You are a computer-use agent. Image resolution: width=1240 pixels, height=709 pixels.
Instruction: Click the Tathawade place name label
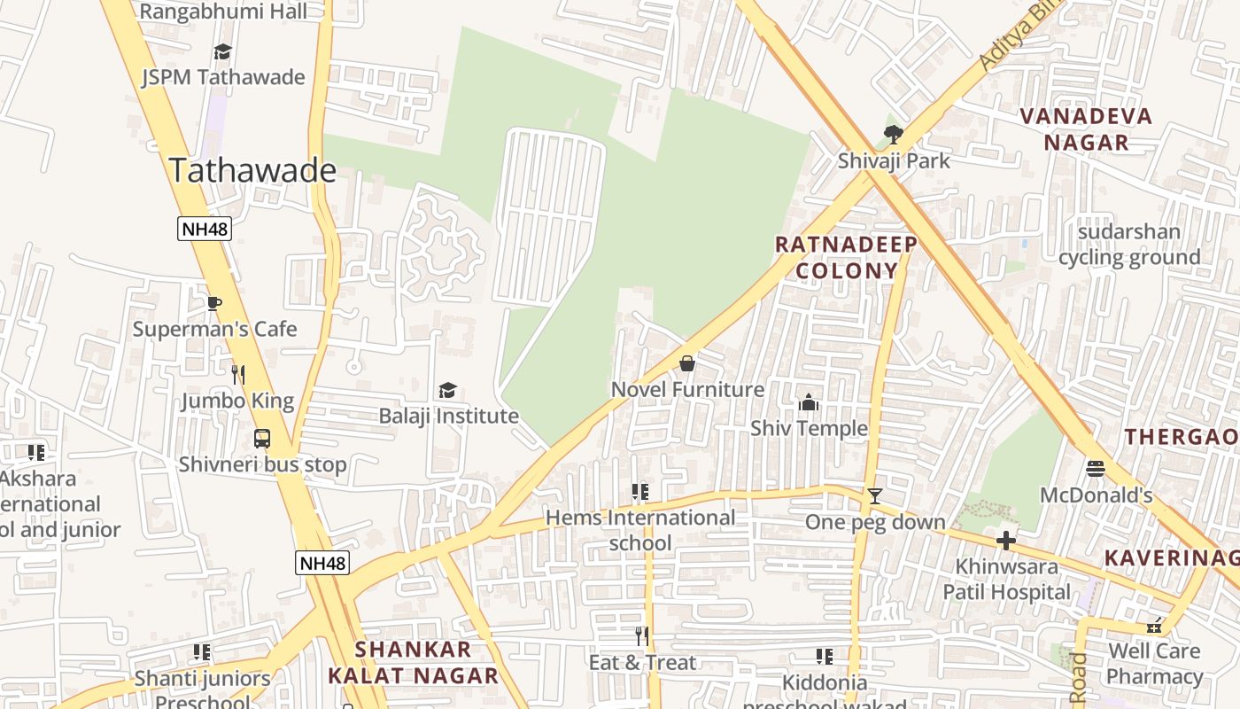pyautogui.click(x=252, y=170)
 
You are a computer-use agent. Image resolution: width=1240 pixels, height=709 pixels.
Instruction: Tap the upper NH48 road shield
pyautogui.click(x=205, y=229)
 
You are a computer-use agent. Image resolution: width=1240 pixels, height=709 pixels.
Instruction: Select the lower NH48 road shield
pyautogui.click(x=322, y=563)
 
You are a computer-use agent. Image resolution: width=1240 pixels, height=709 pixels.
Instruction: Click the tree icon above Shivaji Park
pyautogui.click(x=894, y=135)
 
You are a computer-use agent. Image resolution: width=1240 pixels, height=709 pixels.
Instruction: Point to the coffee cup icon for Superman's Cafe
pyautogui.click(x=214, y=303)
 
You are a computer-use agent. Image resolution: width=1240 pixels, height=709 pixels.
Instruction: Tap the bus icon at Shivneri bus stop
pyautogui.click(x=262, y=438)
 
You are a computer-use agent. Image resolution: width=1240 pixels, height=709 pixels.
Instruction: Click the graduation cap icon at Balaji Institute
pyautogui.click(x=448, y=390)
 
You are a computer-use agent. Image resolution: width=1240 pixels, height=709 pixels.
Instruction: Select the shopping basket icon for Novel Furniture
pyautogui.click(x=687, y=363)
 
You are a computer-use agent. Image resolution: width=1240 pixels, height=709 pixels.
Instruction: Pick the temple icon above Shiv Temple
pyautogui.click(x=809, y=403)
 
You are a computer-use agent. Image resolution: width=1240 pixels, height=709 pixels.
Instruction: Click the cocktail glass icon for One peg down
pyautogui.click(x=875, y=496)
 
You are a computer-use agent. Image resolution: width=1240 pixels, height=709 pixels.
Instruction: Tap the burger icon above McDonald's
pyautogui.click(x=1096, y=469)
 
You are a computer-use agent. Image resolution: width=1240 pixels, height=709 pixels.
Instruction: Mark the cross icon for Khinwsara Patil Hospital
pyautogui.click(x=1006, y=540)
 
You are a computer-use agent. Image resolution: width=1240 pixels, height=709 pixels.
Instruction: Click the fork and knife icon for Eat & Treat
pyautogui.click(x=643, y=635)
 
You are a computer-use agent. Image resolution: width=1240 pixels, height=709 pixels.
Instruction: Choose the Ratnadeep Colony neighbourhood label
pyautogui.click(x=846, y=257)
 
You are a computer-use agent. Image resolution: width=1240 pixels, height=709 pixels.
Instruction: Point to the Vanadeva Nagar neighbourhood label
pyautogui.click(x=1086, y=129)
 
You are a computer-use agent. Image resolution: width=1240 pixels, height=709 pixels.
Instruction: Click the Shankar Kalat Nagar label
pyautogui.click(x=413, y=662)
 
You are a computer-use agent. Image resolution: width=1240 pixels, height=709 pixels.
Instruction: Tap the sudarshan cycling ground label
pyautogui.click(x=1129, y=245)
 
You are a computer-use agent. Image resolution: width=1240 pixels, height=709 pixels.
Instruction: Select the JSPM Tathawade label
pyautogui.click(x=223, y=77)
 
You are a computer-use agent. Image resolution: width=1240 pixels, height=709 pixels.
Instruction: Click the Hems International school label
pyautogui.click(x=640, y=530)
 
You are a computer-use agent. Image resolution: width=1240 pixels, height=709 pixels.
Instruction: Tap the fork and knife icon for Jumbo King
pyautogui.click(x=237, y=375)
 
